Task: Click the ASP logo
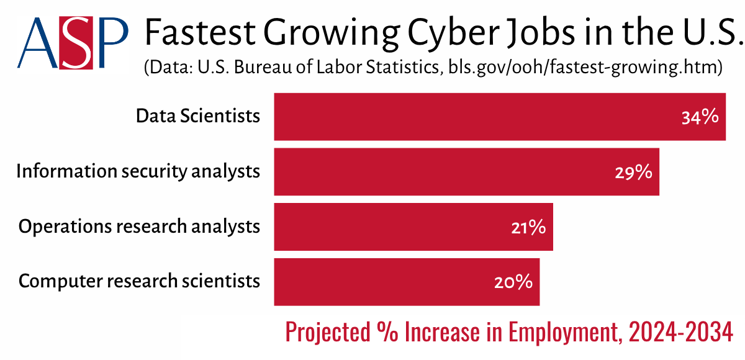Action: coord(73,42)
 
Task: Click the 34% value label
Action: coord(700,117)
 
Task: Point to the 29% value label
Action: coord(633,172)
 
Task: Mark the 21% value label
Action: coord(528,227)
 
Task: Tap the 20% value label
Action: coord(513,282)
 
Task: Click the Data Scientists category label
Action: coord(198,116)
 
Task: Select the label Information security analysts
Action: coord(138,171)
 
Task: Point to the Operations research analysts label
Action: coord(139,227)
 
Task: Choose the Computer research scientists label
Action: coord(139,281)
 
